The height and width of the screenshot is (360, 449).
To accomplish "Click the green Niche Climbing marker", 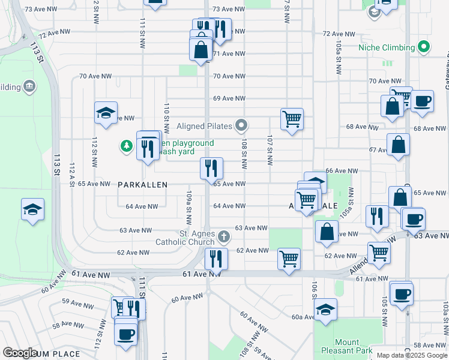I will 424,47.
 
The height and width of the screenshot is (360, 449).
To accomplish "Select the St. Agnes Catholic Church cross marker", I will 224,236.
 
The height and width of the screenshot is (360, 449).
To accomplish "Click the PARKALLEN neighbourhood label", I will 142,185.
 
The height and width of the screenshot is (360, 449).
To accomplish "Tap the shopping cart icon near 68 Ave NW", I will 292,119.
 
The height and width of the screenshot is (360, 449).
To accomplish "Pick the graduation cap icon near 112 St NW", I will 105,113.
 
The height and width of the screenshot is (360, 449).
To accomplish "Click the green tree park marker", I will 127,145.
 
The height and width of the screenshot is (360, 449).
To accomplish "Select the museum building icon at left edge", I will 29,88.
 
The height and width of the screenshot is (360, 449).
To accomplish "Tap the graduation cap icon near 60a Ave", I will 325,309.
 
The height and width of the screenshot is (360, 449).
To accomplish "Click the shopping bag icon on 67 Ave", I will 399,144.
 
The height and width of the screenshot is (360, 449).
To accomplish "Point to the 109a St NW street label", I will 188,203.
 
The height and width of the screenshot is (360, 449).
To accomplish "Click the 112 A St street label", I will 72,174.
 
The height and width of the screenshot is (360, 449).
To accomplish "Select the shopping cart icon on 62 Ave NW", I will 289,259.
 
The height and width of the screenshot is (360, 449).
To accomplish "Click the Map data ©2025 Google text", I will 412,355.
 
